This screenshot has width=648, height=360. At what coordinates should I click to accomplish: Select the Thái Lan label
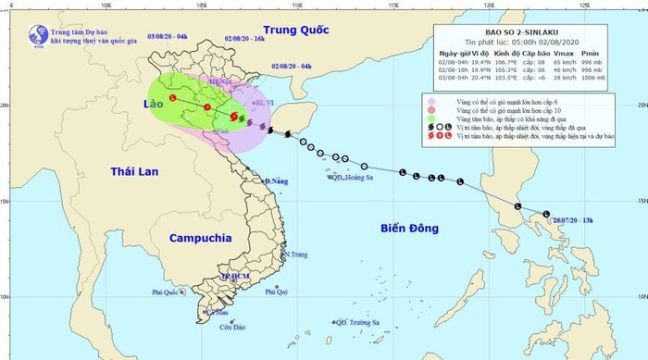click(135, 172)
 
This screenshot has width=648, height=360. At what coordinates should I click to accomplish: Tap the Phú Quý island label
click(277, 292)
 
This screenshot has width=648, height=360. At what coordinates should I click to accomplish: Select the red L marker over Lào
click(173, 99)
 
